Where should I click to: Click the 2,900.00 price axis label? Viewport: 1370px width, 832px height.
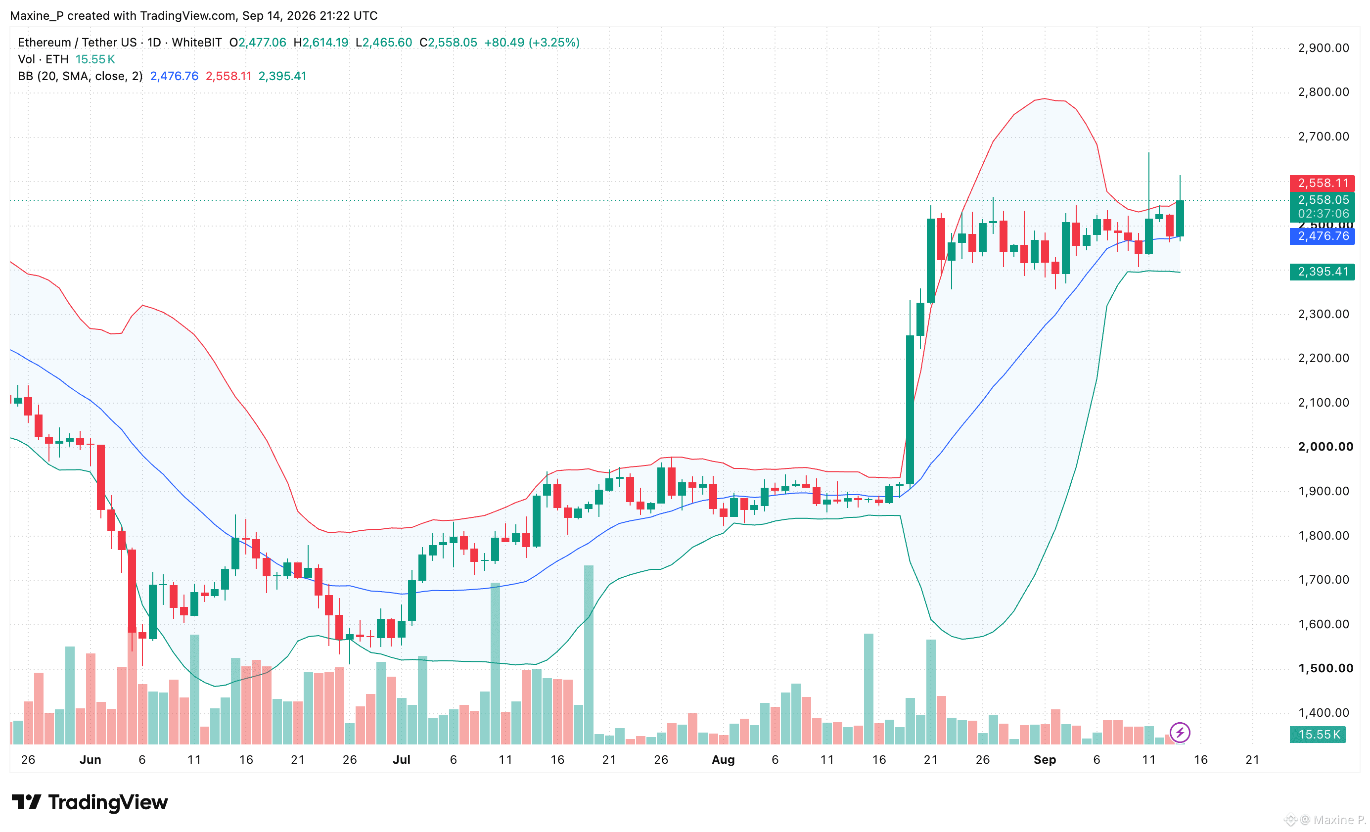coord(1324,48)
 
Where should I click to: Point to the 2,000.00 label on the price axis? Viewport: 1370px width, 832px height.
coord(1325,447)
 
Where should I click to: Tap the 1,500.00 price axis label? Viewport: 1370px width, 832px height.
coord(1325,668)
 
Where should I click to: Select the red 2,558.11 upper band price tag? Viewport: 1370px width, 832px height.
coord(1322,183)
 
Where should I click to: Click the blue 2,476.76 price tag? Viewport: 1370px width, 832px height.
coord(1322,236)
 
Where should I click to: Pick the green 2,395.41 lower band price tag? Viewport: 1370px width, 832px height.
coord(1322,272)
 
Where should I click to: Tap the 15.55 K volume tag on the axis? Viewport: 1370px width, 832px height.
coord(1318,734)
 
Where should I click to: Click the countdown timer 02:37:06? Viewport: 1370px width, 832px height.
coord(1324,214)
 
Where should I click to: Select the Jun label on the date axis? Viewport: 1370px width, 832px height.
coord(90,760)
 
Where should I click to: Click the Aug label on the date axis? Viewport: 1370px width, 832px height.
coord(724,760)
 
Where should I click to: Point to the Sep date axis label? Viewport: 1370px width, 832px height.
coord(1045,760)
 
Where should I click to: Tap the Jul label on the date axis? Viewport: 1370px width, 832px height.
coord(402,760)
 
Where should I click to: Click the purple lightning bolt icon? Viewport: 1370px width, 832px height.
coord(1180,733)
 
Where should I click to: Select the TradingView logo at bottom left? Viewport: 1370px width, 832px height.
coord(90,802)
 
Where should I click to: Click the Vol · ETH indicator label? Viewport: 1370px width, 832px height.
coord(44,59)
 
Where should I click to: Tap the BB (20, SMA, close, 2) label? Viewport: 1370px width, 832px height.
coord(80,76)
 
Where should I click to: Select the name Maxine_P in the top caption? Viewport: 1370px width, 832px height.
coord(36,15)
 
